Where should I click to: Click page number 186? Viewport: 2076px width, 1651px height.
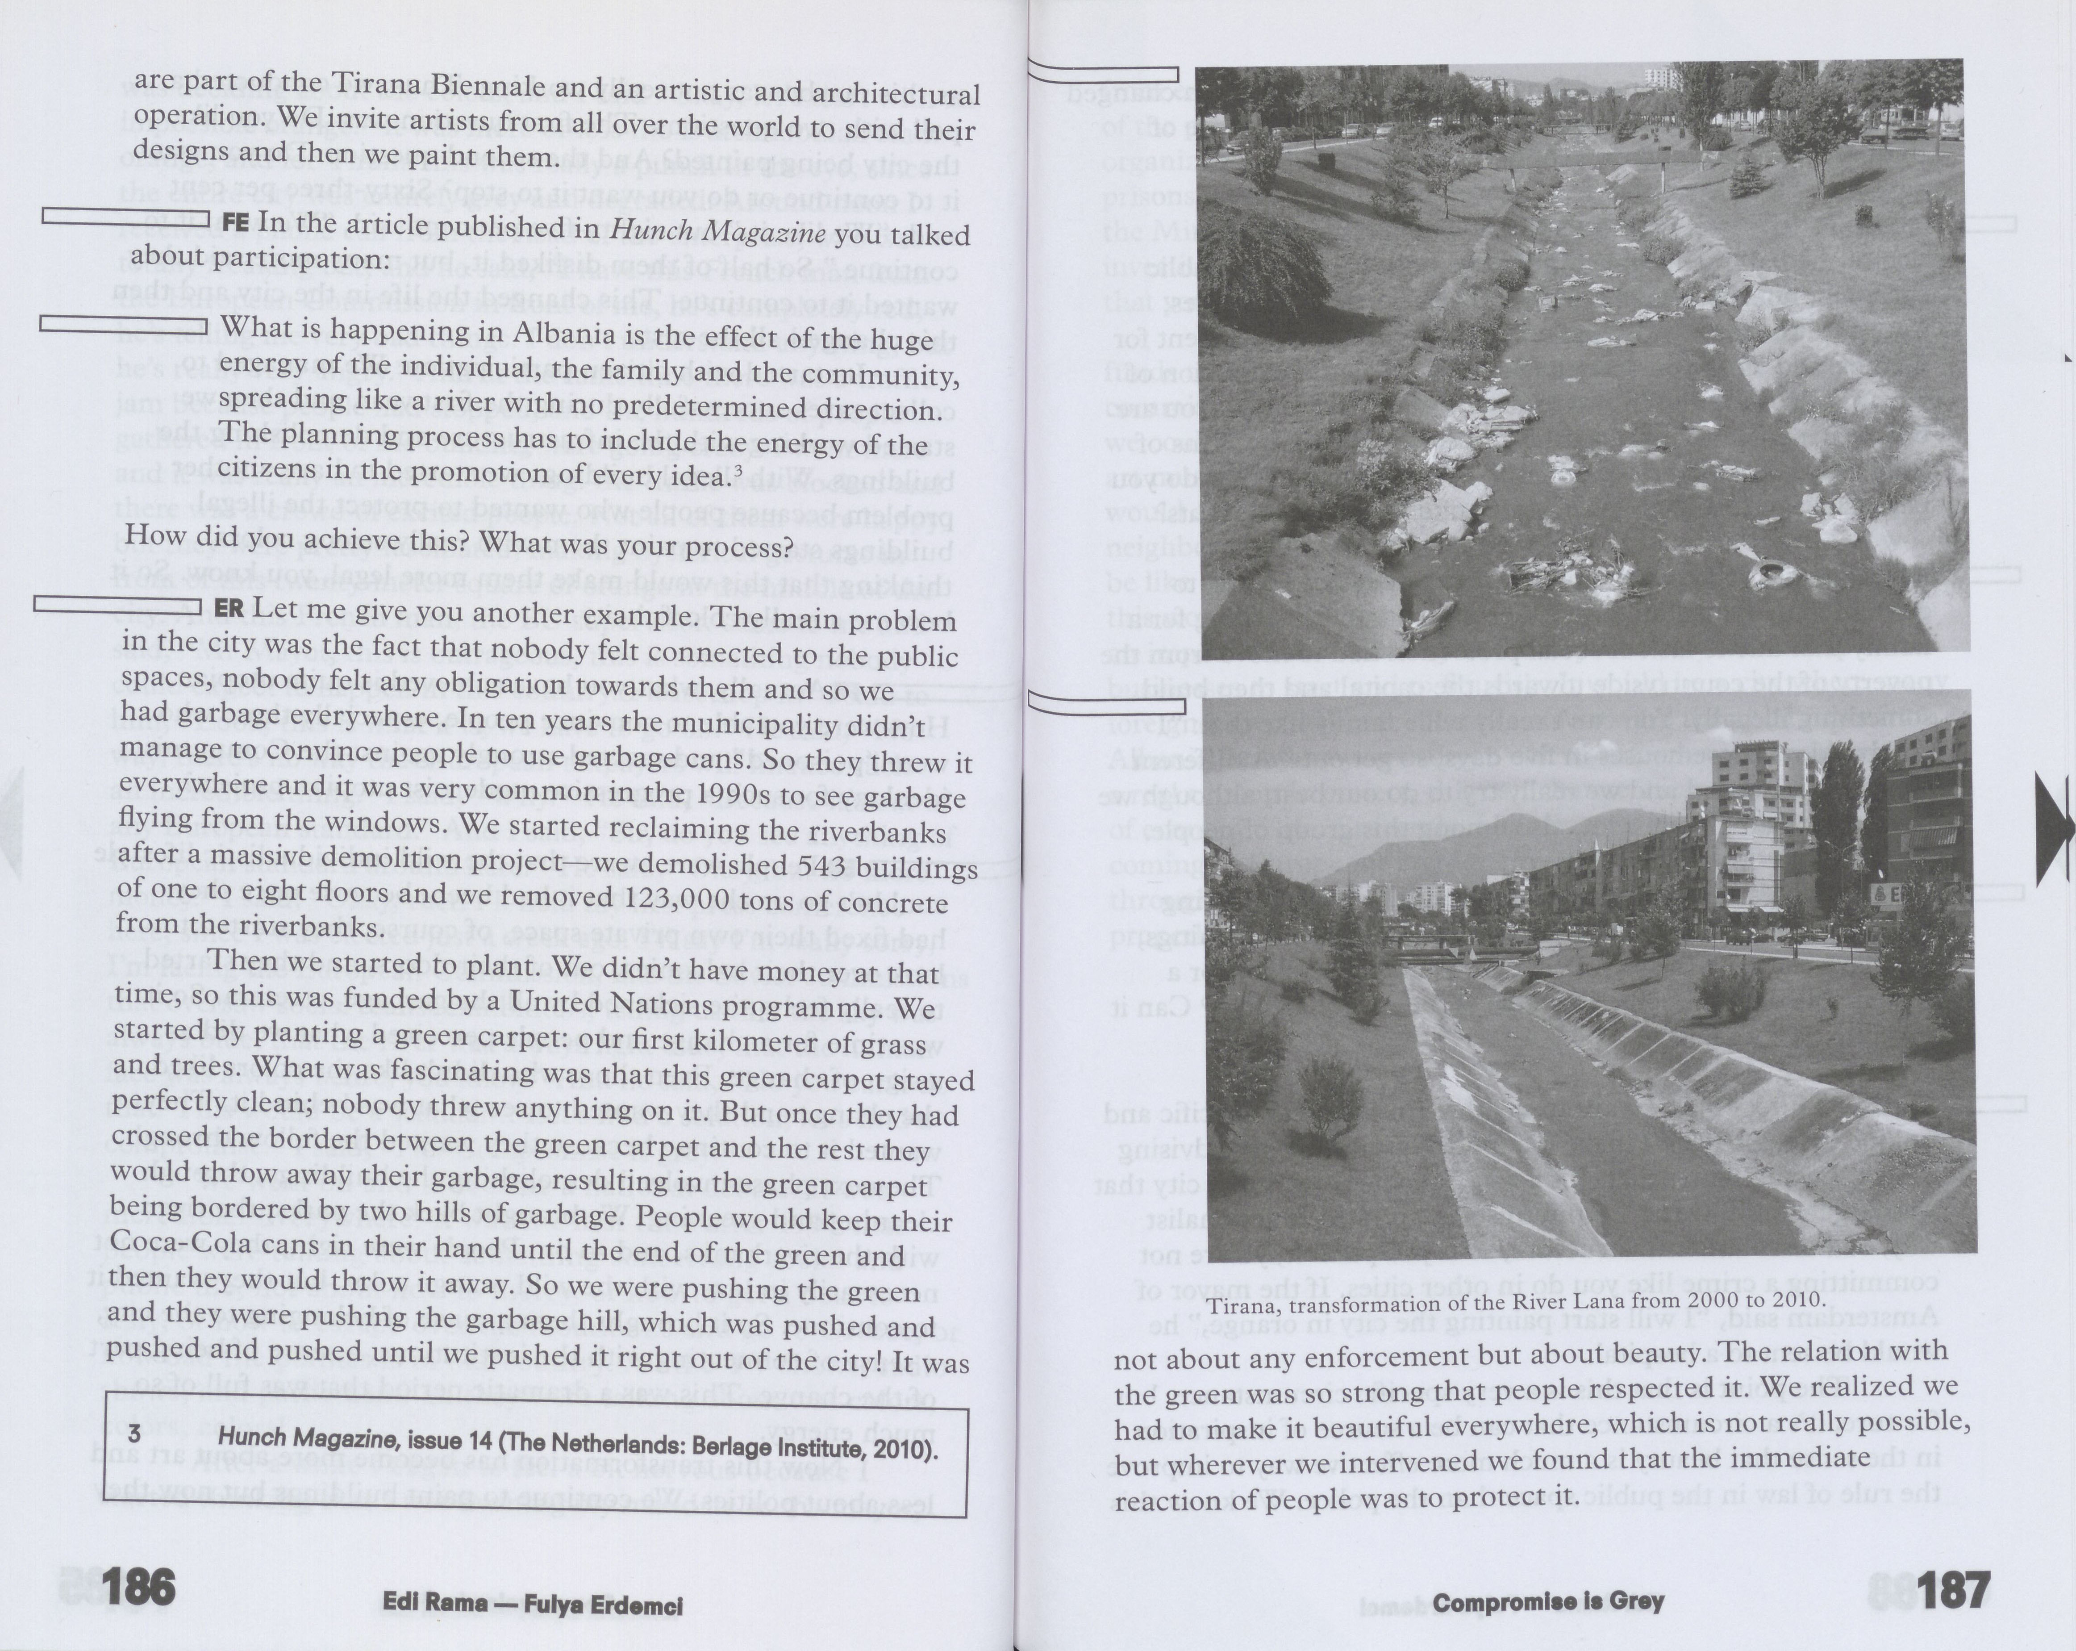click(x=138, y=1586)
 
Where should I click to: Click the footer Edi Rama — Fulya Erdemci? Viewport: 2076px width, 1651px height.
click(x=533, y=1605)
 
